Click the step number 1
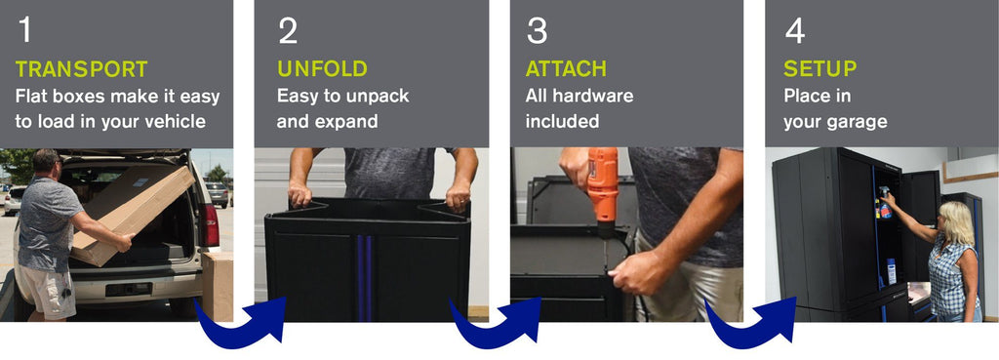24,30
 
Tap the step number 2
288,30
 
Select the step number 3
538,30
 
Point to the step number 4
795,30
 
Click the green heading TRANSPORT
82,69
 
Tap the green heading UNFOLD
322,69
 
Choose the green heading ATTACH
567,69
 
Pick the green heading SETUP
819,69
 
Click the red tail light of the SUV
209,224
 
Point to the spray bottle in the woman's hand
885,203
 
